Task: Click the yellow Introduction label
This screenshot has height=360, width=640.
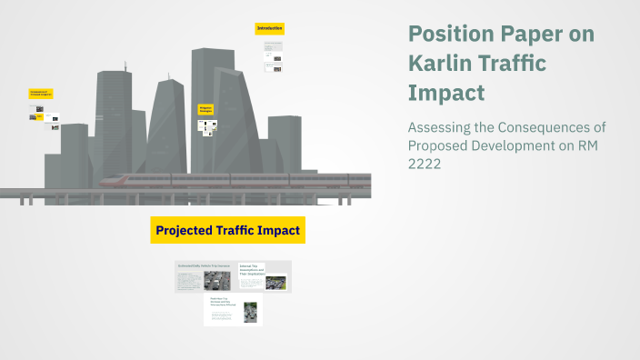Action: (270, 29)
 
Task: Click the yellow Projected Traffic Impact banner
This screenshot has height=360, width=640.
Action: (227, 231)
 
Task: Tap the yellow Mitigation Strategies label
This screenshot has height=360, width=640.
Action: (205, 109)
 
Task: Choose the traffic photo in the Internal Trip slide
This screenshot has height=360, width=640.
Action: (275, 283)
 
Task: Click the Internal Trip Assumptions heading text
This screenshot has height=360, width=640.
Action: (251, 270)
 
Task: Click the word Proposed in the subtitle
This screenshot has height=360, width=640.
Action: (439, 145)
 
